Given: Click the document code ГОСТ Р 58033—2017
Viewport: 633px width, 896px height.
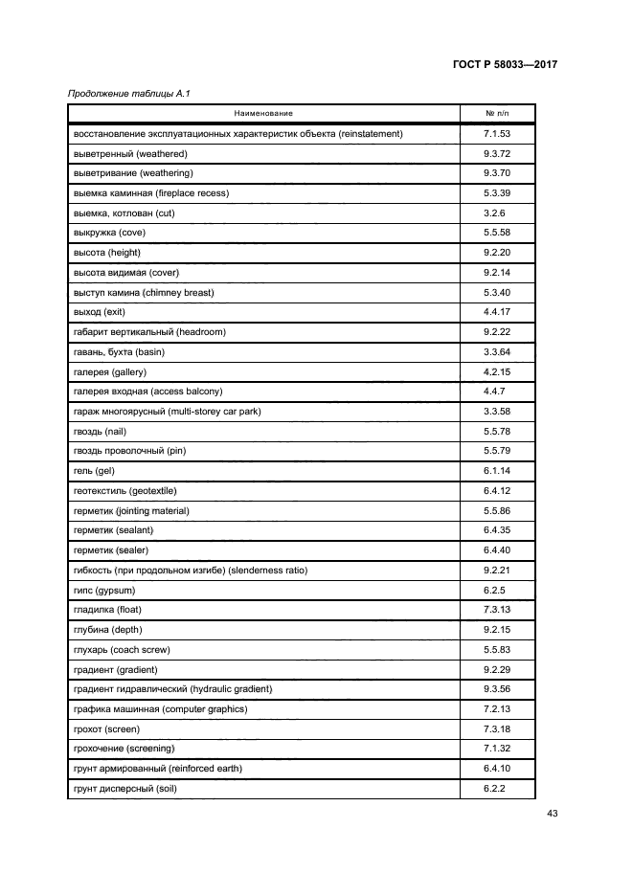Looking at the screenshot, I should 505,65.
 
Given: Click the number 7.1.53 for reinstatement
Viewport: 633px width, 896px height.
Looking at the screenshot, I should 497,133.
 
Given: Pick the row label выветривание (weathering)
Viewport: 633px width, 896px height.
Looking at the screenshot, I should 133,173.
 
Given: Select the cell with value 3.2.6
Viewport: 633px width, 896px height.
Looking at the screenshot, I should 494,213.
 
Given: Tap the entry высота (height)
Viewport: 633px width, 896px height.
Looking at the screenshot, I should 106,253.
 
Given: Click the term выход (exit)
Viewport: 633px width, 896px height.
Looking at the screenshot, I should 100,312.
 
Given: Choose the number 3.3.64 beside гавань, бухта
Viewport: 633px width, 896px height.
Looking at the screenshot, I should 497,351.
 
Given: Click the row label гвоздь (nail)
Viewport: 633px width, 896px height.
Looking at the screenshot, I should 100,432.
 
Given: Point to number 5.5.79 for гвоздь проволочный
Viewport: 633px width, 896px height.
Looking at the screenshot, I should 497,451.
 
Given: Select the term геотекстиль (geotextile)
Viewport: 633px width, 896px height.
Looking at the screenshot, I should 124,491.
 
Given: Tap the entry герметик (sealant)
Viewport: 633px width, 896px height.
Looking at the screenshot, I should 113,530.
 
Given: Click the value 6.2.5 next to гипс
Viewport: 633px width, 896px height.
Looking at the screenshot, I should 494,590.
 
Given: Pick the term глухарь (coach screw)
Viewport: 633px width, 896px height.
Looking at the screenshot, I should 122,650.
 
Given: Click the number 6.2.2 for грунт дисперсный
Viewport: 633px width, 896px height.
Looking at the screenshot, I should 494,789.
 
